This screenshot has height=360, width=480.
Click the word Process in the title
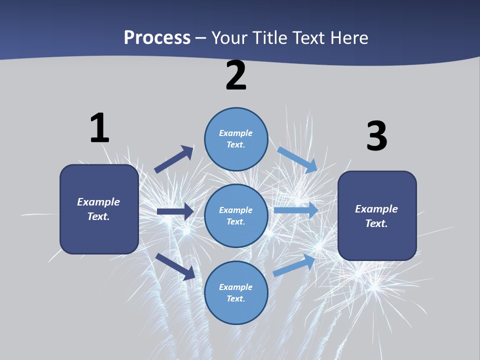[x=157, y=38]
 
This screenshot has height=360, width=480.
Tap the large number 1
[x=99, y=128]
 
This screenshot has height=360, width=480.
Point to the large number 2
[x=236, y=76]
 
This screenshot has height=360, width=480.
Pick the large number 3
[x=376, y=136]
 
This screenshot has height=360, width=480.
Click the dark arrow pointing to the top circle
[x=174, y=159]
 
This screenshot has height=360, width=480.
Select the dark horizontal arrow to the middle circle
[x=175, y=211]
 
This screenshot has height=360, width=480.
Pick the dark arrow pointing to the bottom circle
[x=175, y=266]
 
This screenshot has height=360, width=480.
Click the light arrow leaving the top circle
[x=298, y=159]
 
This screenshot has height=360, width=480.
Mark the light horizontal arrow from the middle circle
[x=296, y=210]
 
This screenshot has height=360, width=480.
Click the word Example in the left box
[x=98, y=202]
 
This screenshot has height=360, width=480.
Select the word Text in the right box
[x=376, y=223]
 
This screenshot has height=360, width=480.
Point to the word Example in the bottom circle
[x=235, y=287]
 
